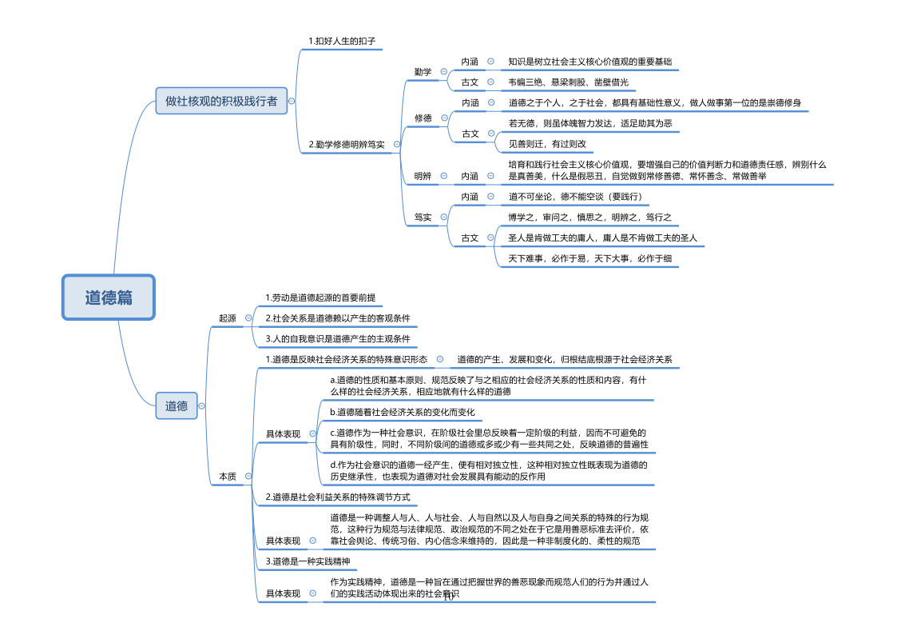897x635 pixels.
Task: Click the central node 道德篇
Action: [x=109, y=298]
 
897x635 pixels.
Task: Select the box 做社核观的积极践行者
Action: [x=221, y=101]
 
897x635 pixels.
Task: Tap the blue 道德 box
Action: [x=177, y=406]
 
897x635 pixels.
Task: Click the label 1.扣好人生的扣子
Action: [x=341, y=41]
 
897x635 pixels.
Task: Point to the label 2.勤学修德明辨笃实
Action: [x=346, y=145]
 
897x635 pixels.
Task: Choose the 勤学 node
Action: [x=423, y=72]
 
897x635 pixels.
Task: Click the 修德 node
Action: [x=423, y=118]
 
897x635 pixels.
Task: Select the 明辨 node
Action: [x=423, y=176]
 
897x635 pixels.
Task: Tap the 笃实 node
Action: [x=423, y=217]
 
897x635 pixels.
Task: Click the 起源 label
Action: [x=228, y=318]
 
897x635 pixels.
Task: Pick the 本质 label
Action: [x=228, y=477]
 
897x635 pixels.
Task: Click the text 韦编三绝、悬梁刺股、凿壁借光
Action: [x=568, y=82]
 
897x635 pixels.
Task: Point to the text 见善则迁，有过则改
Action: [x=547, y=145]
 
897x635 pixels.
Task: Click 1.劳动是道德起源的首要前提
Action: [x=320, y=298]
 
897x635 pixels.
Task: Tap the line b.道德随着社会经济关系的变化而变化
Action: [x=403, y=412]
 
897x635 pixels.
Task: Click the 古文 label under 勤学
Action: [x=470, y=82]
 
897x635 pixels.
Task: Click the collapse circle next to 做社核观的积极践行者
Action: [x=292, y=101]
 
